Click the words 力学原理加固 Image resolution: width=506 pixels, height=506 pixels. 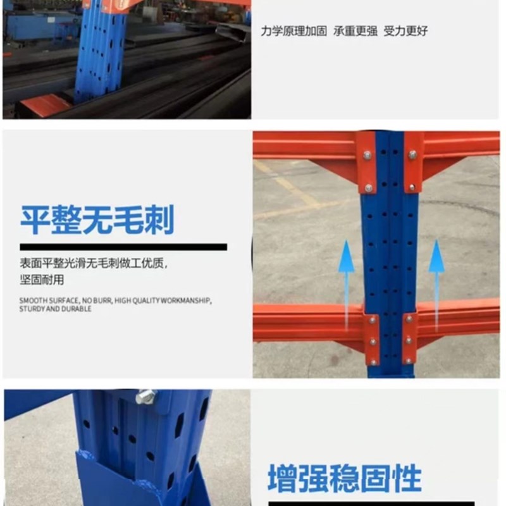tap(294, 30)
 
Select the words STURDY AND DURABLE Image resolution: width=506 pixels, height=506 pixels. tap(56, 309)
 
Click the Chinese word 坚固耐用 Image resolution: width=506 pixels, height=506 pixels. tap(42, 279)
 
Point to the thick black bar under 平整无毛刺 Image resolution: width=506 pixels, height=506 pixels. tap(123, 247)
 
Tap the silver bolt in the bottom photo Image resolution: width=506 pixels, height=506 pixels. tap(145, 397)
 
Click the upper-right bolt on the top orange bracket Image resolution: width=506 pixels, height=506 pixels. tap(412, 154)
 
